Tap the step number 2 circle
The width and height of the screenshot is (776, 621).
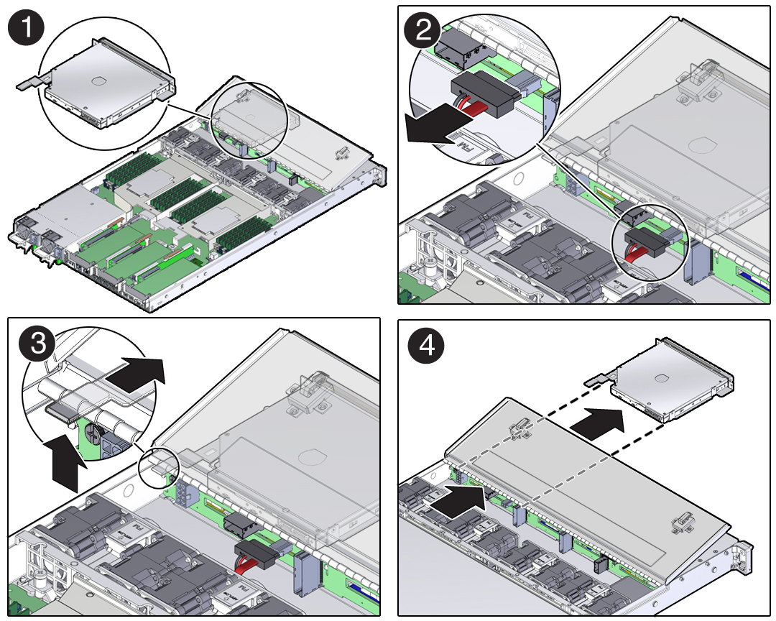click(423, 31)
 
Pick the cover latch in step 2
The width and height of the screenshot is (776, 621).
click(696, 78)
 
